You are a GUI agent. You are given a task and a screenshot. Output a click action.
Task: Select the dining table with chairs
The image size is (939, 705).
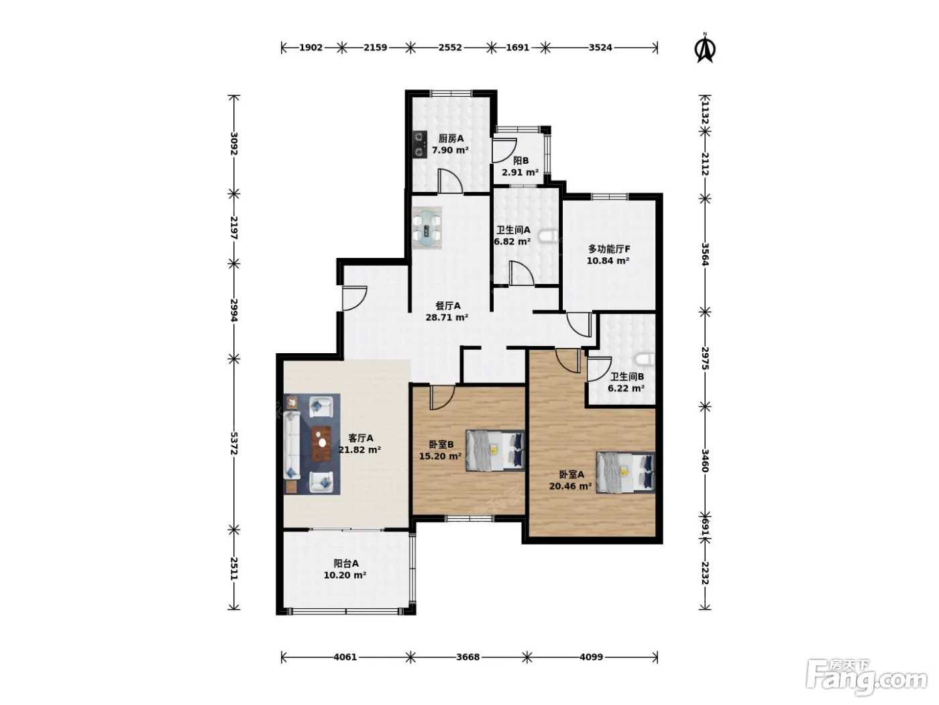click(x=427, y=228)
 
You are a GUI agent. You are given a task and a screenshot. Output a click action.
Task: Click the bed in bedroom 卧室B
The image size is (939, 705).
click(x=496, y=451)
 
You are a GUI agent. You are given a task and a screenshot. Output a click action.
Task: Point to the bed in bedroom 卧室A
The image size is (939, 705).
click(x=625, y=472)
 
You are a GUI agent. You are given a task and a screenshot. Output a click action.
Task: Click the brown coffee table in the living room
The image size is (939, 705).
click(x=321, y=444)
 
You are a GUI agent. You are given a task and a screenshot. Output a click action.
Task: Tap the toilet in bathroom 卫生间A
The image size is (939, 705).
click(x=549, y=237)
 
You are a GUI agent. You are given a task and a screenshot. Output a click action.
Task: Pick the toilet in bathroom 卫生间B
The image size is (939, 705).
click(x=645, y=360)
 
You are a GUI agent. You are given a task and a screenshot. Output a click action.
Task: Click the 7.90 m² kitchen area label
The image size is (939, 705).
click(x=450, y=150)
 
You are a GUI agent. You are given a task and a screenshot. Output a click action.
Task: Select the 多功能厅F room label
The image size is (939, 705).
click(x=609, y=248)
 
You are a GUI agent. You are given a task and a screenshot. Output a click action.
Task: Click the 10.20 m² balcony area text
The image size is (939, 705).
click(x=345, y=575)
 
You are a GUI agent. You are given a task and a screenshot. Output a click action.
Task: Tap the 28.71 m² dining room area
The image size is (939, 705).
click(x=447, y=318)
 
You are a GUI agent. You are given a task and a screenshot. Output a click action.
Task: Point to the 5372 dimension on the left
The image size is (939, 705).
click(x=233, y=443)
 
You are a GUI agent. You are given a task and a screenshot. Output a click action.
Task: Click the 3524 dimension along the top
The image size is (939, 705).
click(x=600, y=48)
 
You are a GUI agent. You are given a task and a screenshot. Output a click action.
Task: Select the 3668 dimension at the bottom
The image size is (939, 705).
click(x=467, y=657)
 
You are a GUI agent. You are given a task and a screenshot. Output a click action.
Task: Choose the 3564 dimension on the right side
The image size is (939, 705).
click(x=705, y=254)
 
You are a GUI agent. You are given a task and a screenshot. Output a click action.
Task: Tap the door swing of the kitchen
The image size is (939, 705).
click(x=449, y=181)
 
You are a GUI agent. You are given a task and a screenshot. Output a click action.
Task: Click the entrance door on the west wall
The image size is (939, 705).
click(x=354, y=298)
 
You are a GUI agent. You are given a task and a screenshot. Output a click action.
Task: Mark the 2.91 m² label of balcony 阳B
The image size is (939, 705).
click(x=520, y=173)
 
